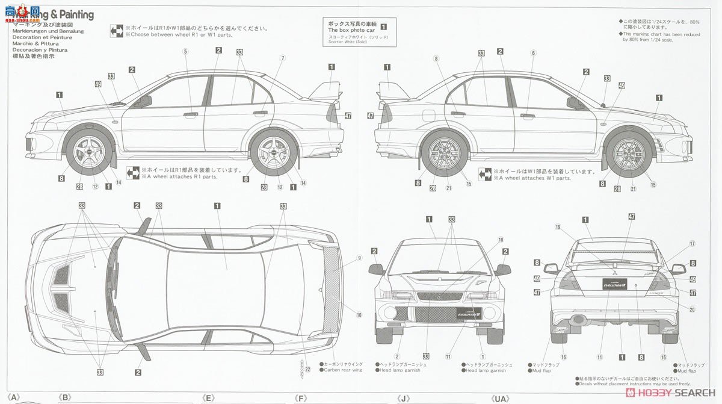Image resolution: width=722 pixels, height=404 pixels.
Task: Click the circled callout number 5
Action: click(x=185, y=51)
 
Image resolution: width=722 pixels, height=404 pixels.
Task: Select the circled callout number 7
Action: click(x=282, y=58)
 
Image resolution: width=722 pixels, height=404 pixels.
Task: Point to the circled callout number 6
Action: click(x=532, y=52)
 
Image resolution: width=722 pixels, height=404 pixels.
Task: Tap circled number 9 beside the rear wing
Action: click(x=359, y=258)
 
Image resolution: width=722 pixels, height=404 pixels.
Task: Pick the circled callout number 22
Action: click(x=307, y=369)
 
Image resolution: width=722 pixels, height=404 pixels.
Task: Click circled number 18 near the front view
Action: click(x=500, y=240)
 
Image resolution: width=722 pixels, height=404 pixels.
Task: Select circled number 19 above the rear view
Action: click(x=558, y=227)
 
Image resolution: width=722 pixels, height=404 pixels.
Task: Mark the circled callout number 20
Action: click(x=692, y=309)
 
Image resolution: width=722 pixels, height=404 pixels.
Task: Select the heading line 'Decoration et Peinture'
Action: click(x=42, y=37)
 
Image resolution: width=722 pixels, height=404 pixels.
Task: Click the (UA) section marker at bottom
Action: click(x=501, y=398)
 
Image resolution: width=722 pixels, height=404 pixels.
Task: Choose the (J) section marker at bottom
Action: click(x=404, y=398)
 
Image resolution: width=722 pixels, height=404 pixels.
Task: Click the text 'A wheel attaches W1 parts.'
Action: click(x=532, y=178)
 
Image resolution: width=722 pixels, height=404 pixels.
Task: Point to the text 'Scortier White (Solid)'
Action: click(x=354, y=42)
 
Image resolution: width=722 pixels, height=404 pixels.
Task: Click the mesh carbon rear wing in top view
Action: click(x=330, y=290)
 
